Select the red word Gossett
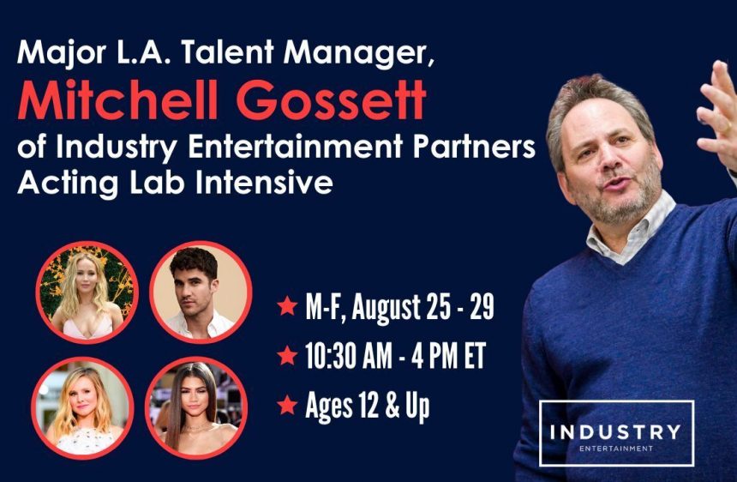coord(332,99)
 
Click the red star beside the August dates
coord(287,305)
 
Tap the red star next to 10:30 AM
coord(287,355)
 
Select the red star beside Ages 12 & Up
coord(287,405)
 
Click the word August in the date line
coord(386,309)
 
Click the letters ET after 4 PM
coord(476,356)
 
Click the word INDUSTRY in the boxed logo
coord(615,431)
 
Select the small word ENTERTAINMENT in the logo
coord(615,449)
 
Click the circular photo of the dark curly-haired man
coord(201,292)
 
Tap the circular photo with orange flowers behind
coord(87,292)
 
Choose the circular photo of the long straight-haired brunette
coord(196,407)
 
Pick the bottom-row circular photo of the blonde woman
coord(82,407)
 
